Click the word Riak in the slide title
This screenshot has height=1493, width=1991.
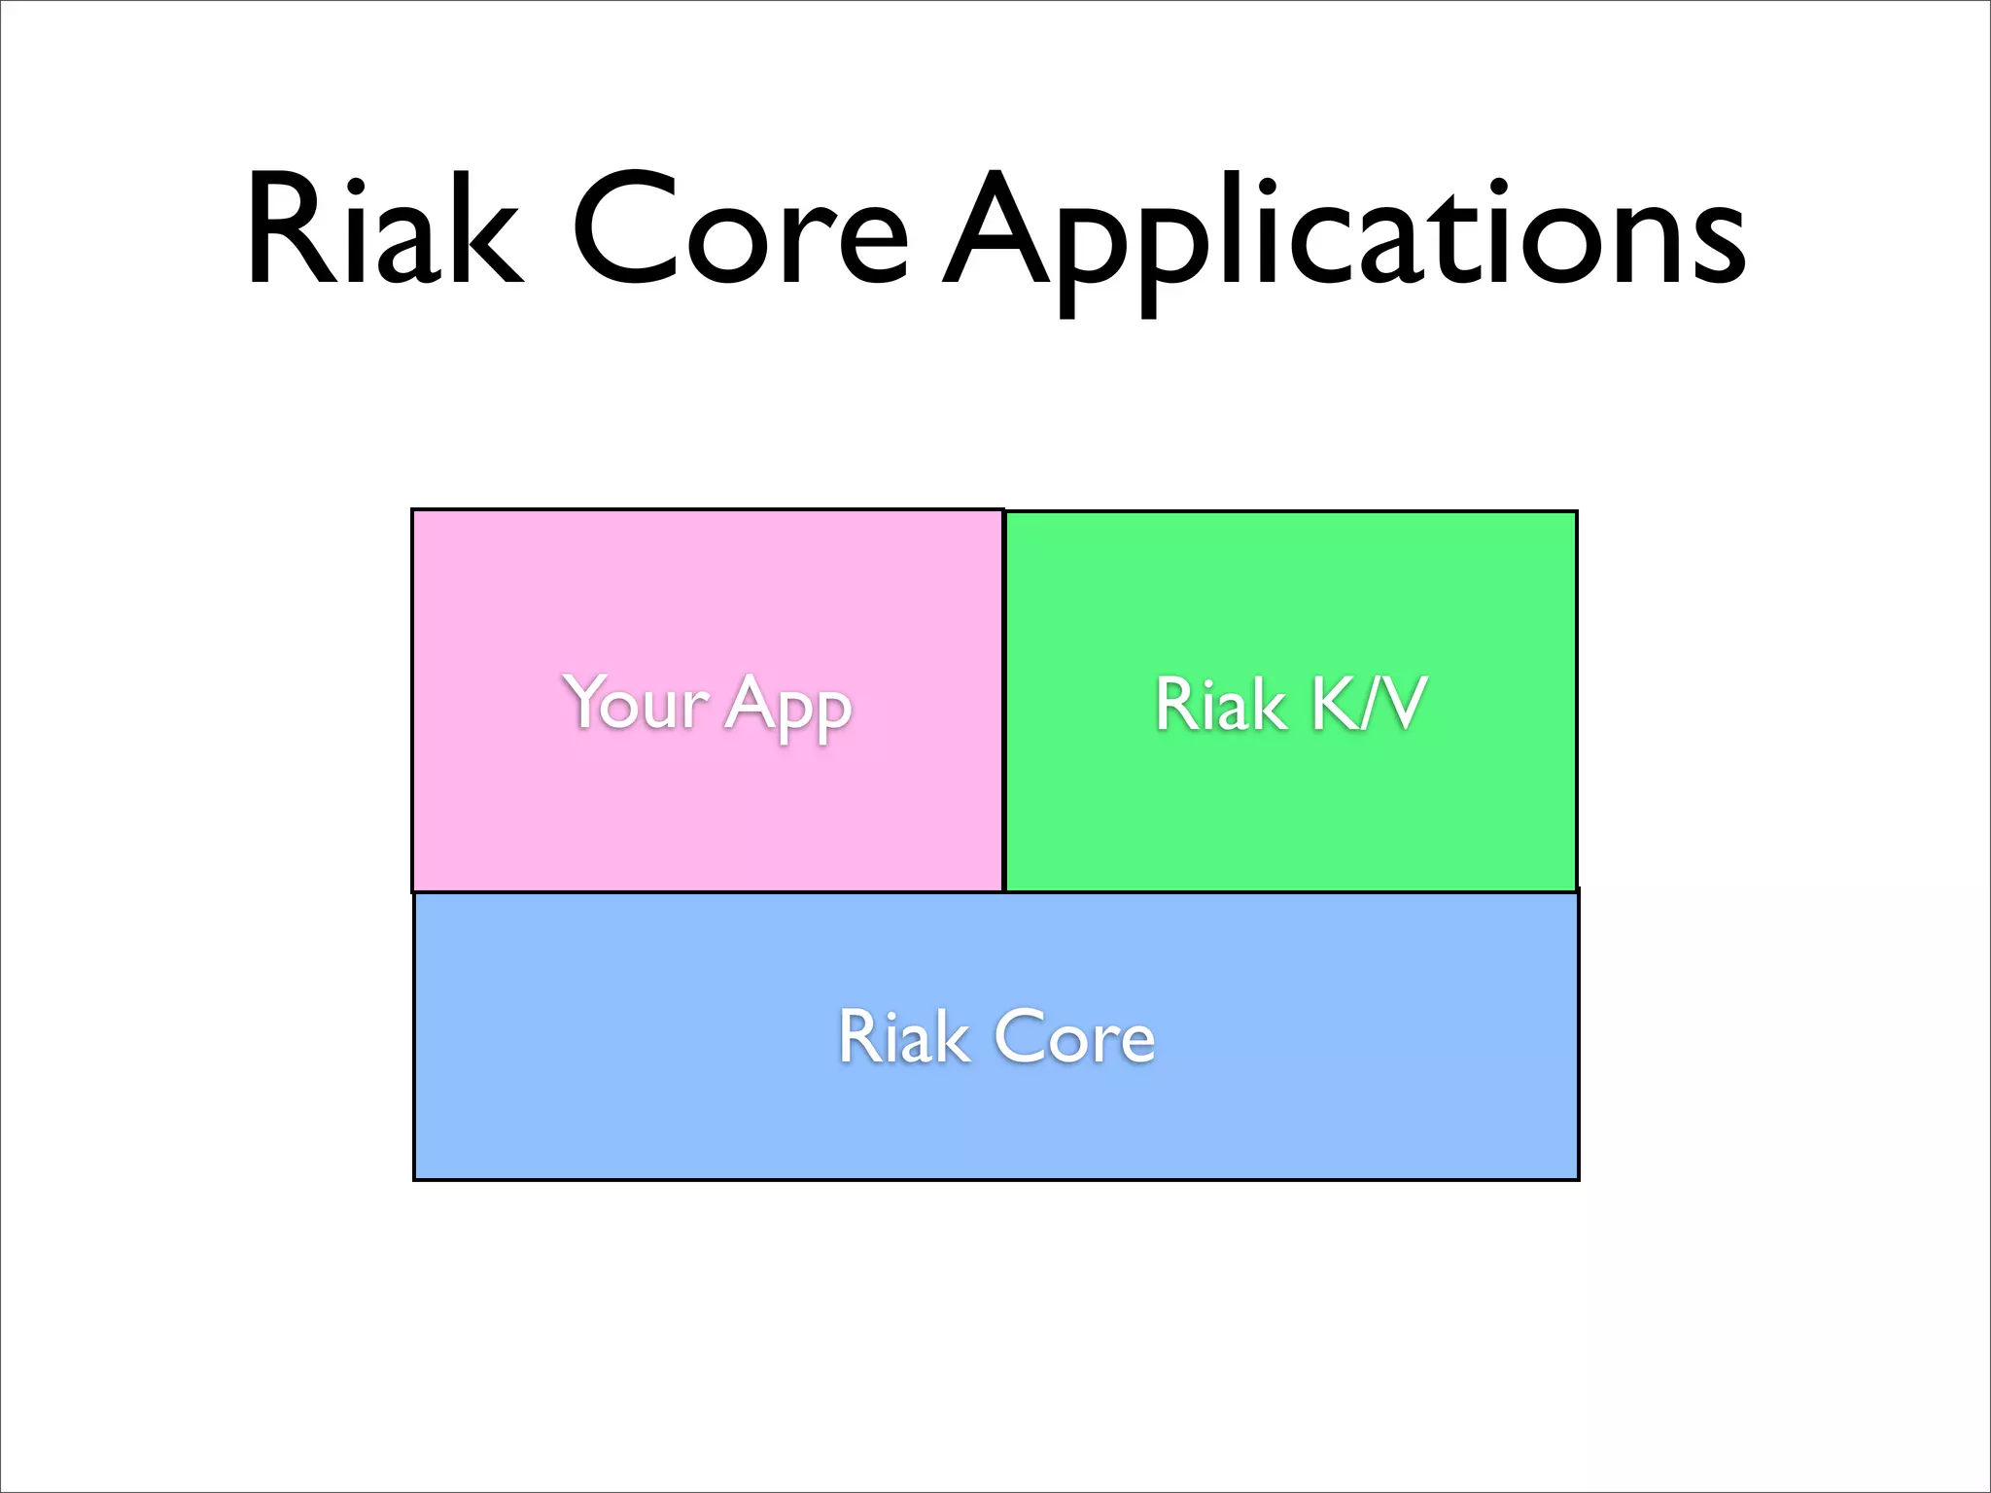click(384, 231)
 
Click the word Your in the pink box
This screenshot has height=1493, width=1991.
click(636, 702)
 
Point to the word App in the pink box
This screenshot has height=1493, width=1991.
click(788, 706)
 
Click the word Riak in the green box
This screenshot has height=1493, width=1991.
click(1220, 704)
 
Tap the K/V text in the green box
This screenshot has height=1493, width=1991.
click(1369, 704)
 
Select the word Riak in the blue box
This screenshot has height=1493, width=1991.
click(903, 1037)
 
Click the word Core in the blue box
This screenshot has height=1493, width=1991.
click(1074, 1037)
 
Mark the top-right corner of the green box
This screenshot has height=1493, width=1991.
click(1576, 512)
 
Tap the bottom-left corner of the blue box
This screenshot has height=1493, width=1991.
click(415, 1179)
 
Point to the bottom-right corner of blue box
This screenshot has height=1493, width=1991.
click(1578, 1179)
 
